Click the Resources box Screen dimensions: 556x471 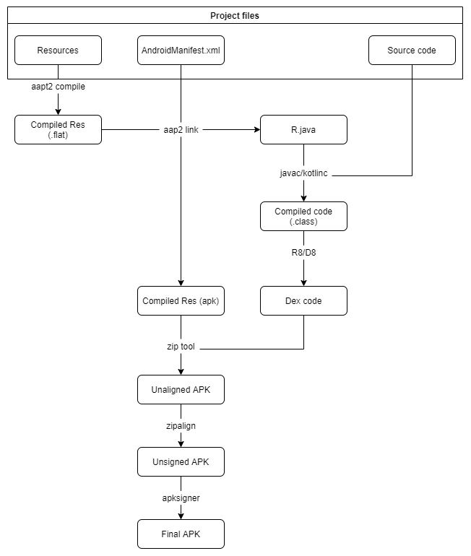[58, 51]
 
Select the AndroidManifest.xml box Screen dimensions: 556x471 [181, 51]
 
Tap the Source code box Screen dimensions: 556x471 [412, 51]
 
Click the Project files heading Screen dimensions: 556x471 [235, 15]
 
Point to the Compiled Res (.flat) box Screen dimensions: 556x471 [58, 130]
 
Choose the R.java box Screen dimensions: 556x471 [303, 130]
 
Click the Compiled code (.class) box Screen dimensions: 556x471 [303, 216]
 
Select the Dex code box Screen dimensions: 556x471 [303, 301]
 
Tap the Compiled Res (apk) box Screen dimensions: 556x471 [181, 301]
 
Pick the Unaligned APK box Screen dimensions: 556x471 [181, 390]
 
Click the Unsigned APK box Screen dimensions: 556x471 [181, 461]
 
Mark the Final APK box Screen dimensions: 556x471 [181, 534]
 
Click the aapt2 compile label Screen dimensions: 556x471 [57, 87]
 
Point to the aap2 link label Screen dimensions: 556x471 [181, 130]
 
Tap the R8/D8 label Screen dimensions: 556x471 [303, 253]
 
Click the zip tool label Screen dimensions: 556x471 [181, 347]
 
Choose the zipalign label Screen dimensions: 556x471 [181, 426]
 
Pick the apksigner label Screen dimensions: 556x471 [181, 498]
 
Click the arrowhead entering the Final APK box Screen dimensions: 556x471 [181, 516]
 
